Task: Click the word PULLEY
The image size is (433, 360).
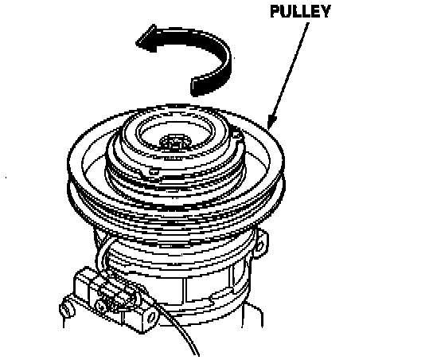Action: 300,11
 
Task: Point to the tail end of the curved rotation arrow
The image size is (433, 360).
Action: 195,86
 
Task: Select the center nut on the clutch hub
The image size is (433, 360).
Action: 174,142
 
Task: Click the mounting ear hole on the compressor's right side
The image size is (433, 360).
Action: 259,245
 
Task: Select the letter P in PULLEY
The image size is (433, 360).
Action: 275,11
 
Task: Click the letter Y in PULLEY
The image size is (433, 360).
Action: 325,11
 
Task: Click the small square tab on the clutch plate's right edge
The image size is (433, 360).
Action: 236,135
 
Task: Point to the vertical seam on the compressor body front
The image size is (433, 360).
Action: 183,289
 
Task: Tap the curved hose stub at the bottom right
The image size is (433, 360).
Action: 252,315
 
